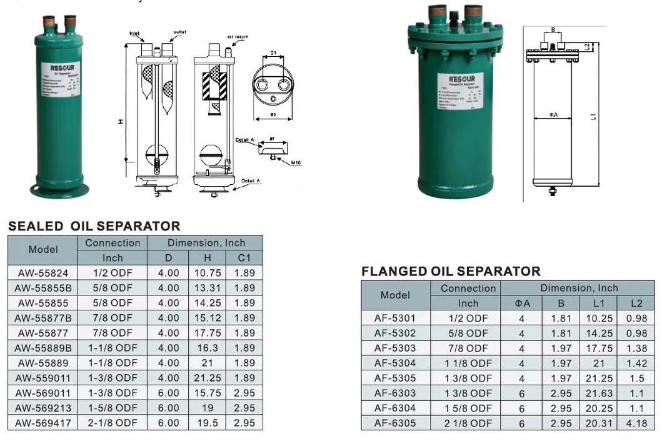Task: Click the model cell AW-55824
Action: point(43,273)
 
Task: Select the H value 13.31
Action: point(207,288)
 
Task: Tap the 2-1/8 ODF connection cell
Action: point(113,423)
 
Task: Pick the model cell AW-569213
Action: point(43,408)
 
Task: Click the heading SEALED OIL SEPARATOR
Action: point(94,226)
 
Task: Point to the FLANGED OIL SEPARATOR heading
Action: point(451,271)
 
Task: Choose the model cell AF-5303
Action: point(395,348)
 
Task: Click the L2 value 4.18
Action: point(636,423)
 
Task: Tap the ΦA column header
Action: point(522,303)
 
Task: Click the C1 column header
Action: point(244,258)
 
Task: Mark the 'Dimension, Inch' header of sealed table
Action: point(205,243)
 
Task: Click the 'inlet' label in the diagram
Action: point(134,33)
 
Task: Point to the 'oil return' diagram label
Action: point(238,37)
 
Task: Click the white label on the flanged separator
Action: point(460,91)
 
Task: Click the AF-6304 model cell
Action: point(395,408)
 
